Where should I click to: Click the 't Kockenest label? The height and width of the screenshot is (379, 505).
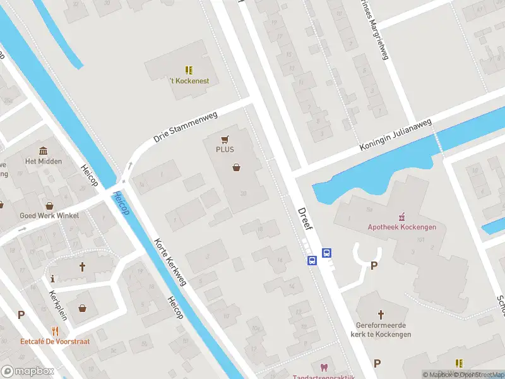[189, 81]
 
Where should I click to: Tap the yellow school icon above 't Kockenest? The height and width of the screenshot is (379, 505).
[189, 69]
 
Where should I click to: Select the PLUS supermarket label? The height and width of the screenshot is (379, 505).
[225, 150]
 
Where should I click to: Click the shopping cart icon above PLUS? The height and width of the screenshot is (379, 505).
[225, 139]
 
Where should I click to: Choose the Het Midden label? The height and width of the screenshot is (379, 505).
[44, 161]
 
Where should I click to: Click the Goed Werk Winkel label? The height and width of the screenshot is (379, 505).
[49, 215]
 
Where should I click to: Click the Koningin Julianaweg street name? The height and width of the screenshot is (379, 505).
[396, 135]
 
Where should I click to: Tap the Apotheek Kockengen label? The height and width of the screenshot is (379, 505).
[398, 227]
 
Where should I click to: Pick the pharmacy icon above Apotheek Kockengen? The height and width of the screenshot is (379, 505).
[399, 216]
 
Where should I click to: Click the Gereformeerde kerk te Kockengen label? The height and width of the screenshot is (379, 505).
[381, 330]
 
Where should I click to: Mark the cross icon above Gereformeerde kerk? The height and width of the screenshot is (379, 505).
[381, 314]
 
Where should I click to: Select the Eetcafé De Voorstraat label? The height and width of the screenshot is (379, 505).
[55, 341]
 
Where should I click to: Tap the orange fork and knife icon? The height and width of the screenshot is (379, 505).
[55, 330]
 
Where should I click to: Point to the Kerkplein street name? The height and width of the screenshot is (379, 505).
[56, 304]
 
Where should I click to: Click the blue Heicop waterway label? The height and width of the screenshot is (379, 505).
[121, 203]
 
